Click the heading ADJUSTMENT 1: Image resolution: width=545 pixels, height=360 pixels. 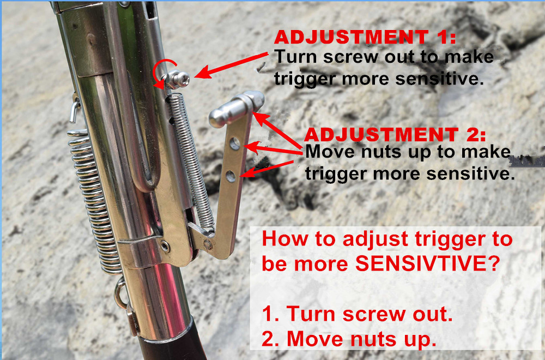tap(365, 38)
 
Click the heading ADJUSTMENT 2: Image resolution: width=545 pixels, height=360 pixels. tap(395, 134)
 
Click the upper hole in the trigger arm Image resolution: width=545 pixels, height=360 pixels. tap(235, 144)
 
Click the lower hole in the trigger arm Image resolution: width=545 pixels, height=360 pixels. tap(231, 176)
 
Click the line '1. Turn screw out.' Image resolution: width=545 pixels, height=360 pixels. tap(357, 314)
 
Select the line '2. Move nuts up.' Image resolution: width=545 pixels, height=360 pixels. tap(349, 339)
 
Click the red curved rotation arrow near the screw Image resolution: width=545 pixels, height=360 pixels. tap(159, 74)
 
